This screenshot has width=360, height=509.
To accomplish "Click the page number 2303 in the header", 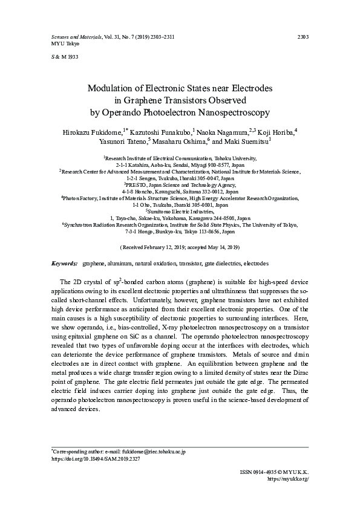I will [x=303, y=37].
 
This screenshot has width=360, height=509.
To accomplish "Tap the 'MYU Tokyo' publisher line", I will [x=55, y=44].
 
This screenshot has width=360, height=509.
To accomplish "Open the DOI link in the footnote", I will [x=87, y=459].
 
